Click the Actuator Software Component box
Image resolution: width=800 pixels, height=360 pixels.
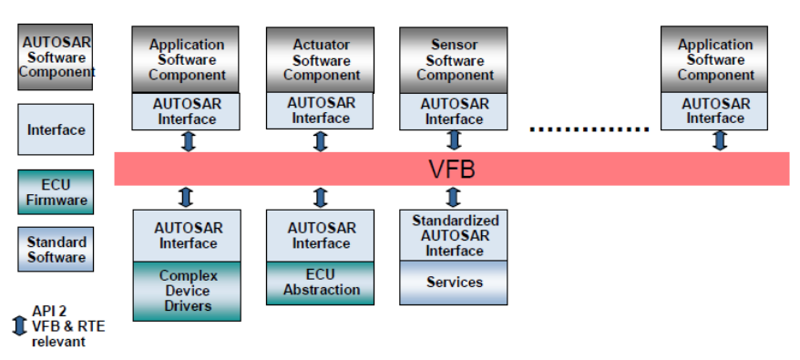click(x=321, y=60)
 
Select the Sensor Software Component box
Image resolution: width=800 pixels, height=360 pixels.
click(x=454, y=60)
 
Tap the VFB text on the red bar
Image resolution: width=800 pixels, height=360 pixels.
click(x=452, y=170)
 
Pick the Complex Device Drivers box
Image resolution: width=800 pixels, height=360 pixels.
click(x=187, y=291)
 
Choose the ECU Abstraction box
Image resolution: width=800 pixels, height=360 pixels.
click(x=321, y=283)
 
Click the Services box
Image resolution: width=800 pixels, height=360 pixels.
click(x=454, y=283)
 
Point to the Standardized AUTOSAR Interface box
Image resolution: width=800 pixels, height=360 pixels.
click(x=454, y=236)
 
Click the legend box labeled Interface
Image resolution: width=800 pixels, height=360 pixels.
click(x=56, y=129)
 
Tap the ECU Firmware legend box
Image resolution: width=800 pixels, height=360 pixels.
click(x=56, y=193)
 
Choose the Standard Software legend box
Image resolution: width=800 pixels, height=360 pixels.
click(x=56, y=250)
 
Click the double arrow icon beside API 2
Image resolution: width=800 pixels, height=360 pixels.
click(x=19, y=326)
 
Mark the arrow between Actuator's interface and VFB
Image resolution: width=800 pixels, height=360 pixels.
click(x=321, y=141)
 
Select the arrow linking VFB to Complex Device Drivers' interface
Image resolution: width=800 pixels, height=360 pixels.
click(x=186, y=197)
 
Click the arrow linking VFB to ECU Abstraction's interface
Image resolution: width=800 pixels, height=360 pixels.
click(x=321, y=197)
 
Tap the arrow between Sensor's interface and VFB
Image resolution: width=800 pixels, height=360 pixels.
click(x=454, y=140)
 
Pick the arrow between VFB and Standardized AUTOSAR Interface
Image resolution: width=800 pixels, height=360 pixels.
click(x=454, y=197)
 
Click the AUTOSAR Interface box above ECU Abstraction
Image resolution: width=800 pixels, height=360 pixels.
click(x=321, y=235)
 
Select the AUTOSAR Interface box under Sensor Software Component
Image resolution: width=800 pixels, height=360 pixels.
click(x=454, y=111)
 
